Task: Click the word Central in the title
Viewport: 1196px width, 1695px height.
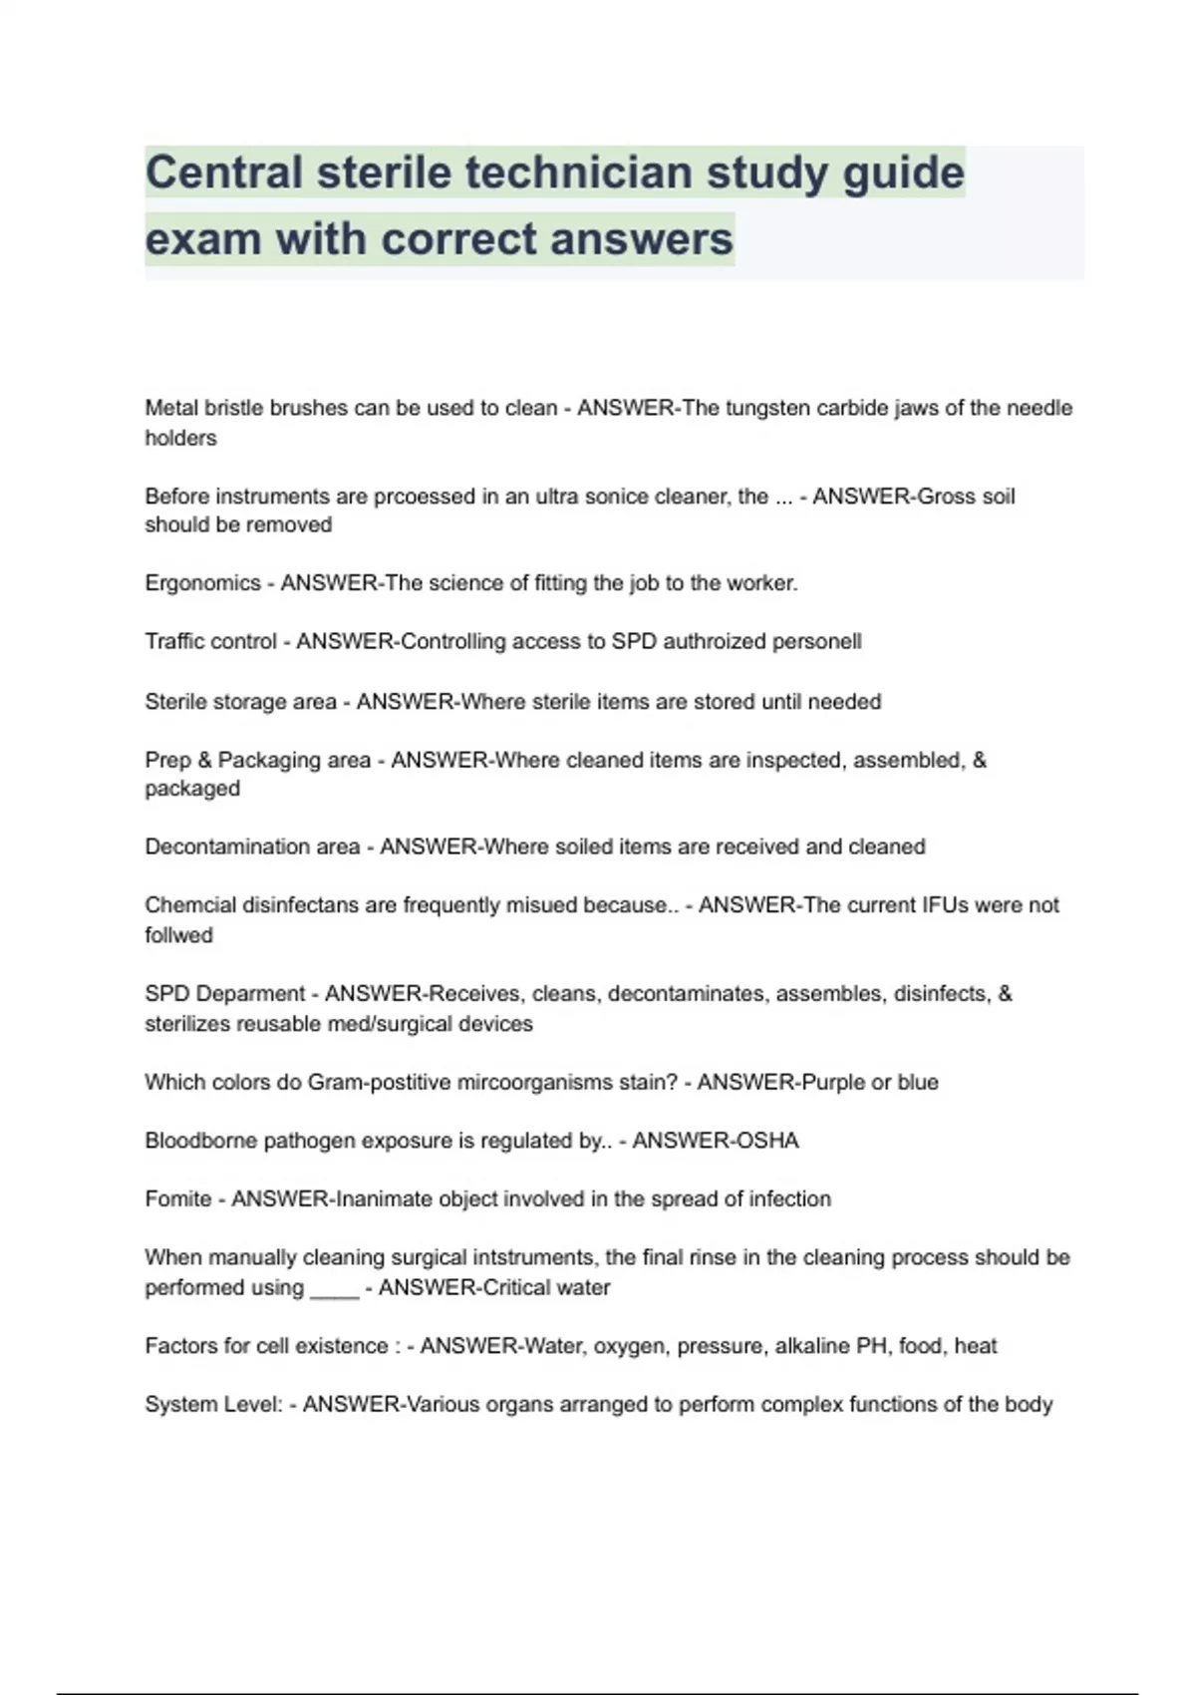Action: (x=223, y=173)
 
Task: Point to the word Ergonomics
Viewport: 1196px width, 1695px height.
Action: (x=202, y=583)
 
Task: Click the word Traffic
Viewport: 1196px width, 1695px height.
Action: (x=177, y=641)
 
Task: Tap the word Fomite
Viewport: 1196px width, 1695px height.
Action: (x=177, y=1198)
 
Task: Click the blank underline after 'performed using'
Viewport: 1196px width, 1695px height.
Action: (x=334, y=1290)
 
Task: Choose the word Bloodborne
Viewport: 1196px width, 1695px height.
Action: (x=200, y=1141)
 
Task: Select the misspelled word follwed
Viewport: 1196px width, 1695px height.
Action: (x=178, y=935)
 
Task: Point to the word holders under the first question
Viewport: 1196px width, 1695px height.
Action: (x=180, y=438)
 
